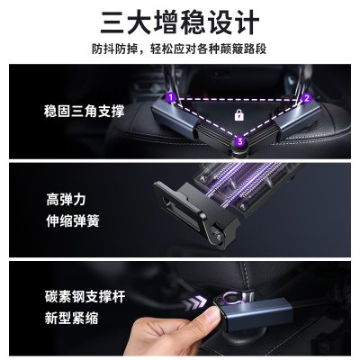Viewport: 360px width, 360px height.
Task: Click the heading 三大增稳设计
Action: coord(180,22)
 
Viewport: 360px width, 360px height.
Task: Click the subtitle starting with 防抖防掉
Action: coord(179,49)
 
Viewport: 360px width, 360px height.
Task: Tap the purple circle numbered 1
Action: coord(171,97)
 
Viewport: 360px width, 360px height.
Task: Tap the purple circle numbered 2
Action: coord(306,98)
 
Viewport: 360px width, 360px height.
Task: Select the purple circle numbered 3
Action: coord(239,140)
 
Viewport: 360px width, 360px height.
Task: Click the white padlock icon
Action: coord(238,115)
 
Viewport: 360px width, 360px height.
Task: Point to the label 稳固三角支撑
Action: coord(84,112)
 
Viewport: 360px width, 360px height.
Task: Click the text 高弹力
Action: coord(66,200)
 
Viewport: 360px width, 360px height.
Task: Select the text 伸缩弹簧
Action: coord(73,221)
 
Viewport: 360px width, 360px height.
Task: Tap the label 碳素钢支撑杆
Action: coord(85,296)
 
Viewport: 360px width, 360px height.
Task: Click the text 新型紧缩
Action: coord(71,318)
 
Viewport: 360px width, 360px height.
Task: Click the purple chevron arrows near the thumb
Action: coord(195,303)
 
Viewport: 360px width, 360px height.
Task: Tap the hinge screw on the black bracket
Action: coord(218,237)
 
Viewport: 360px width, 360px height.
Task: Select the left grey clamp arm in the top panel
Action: coord(175,119)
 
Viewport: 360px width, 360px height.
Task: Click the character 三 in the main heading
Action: coord(112,22)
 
